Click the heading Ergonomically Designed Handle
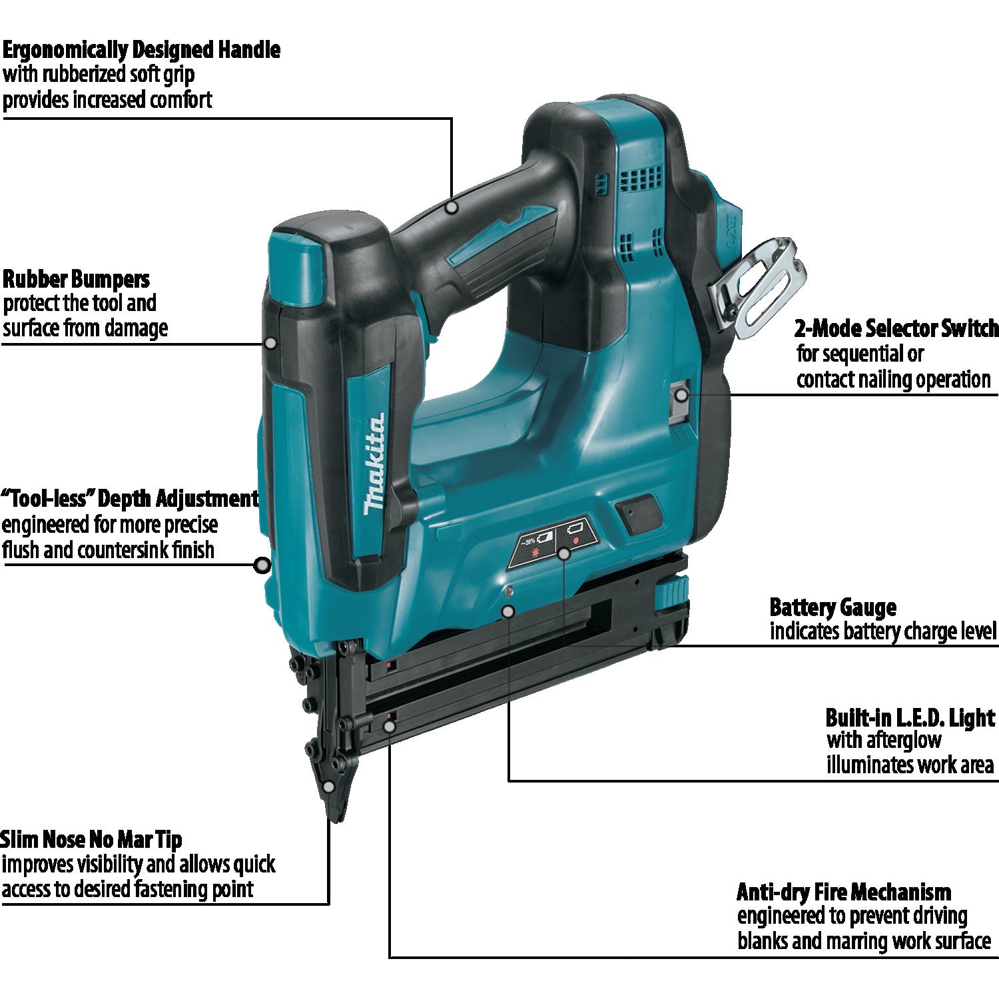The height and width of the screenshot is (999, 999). coord(141,50)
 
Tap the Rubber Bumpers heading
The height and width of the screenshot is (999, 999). coord(77,278)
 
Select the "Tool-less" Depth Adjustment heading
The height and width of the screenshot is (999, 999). coord(130,498)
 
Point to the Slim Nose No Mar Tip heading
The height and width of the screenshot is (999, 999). coord(91,839)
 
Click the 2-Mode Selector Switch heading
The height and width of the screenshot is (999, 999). coord(896,328)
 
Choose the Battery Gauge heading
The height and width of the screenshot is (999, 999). coord(832,607)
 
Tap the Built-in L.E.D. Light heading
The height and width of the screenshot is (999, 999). coord(910,718)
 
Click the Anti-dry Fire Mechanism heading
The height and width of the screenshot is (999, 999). coord(844,892)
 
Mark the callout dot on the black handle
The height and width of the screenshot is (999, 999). coord(452,207)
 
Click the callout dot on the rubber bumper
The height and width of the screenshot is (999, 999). coord(270,343)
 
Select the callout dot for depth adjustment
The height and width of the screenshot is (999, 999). coord(263,566)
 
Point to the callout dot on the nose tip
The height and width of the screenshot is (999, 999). coord(329,787)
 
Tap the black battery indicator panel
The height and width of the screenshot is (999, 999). coord(552,541)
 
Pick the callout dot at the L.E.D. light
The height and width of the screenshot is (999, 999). coord(509,609)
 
